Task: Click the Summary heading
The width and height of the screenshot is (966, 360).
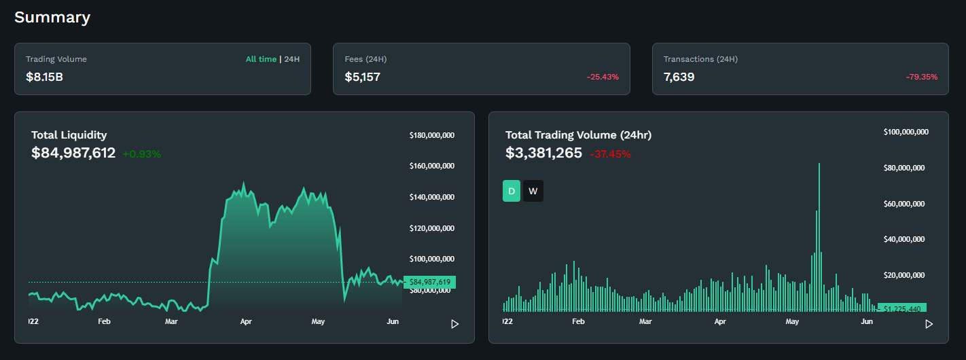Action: tap(52, 18)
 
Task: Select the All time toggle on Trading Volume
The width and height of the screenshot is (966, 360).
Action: tap(261, 59)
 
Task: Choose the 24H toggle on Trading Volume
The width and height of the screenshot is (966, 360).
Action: tap(292, 59)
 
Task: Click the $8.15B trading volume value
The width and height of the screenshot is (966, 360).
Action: tap(45, 77)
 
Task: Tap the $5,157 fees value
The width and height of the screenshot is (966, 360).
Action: tap(363, 77)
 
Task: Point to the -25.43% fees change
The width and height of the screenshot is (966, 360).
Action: tap(603, 77)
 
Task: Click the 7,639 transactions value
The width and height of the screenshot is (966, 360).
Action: tap(679, 77)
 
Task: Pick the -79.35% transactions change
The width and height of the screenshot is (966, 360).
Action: tap(921, 77)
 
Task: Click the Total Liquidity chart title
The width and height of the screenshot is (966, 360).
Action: tap(69, 135)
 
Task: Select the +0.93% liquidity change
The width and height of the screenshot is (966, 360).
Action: tap(142, 154)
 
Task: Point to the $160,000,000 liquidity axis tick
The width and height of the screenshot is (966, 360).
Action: tap(432, 166)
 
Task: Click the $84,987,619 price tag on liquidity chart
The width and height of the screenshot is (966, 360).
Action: tap(430, 282)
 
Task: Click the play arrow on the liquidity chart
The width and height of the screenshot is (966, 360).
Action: tap(455, 324)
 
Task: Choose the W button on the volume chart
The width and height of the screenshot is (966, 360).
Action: tap(533, 192)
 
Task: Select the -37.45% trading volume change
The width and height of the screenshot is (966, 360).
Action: tap(610, 154)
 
